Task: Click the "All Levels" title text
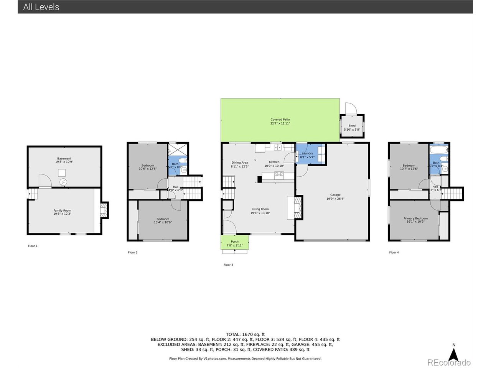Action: point(41,7)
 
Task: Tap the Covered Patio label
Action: point(280,120)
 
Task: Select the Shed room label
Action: point(352,126)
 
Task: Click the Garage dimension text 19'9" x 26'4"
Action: point(335,199)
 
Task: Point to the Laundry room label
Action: point(307,153)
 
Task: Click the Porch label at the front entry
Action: point(235,242)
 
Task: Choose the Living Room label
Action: point(260,209)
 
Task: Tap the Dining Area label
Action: point(239,163)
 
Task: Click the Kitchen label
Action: point(274,162)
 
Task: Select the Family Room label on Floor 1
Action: point(62,210)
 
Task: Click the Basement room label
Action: point(64,159)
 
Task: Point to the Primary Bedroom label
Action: point(415,219)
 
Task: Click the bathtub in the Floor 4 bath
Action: point(439,149)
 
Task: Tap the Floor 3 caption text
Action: point(228,265)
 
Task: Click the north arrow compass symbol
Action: point(454,353)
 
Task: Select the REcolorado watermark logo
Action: point(449,363)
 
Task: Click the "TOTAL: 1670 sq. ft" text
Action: point(245,334)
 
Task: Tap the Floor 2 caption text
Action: point(133,253)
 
